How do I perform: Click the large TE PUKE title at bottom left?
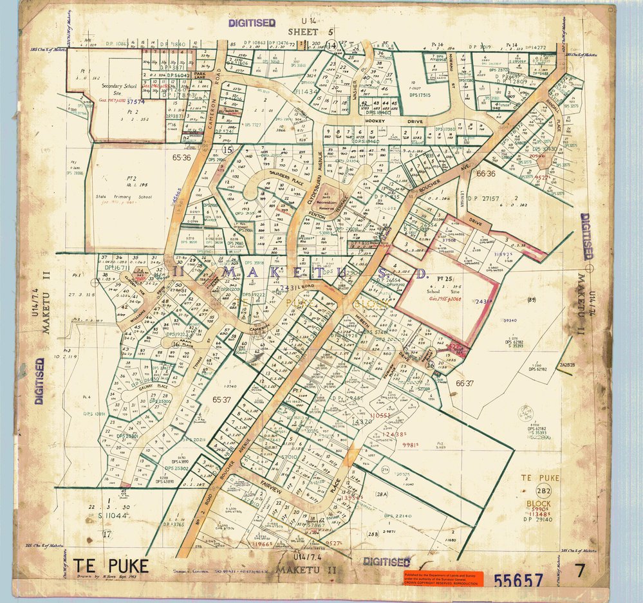point(110,566)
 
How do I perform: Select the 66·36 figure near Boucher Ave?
point(485,174)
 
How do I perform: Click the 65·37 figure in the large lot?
point(221,400)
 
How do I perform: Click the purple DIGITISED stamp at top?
point(252,23)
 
